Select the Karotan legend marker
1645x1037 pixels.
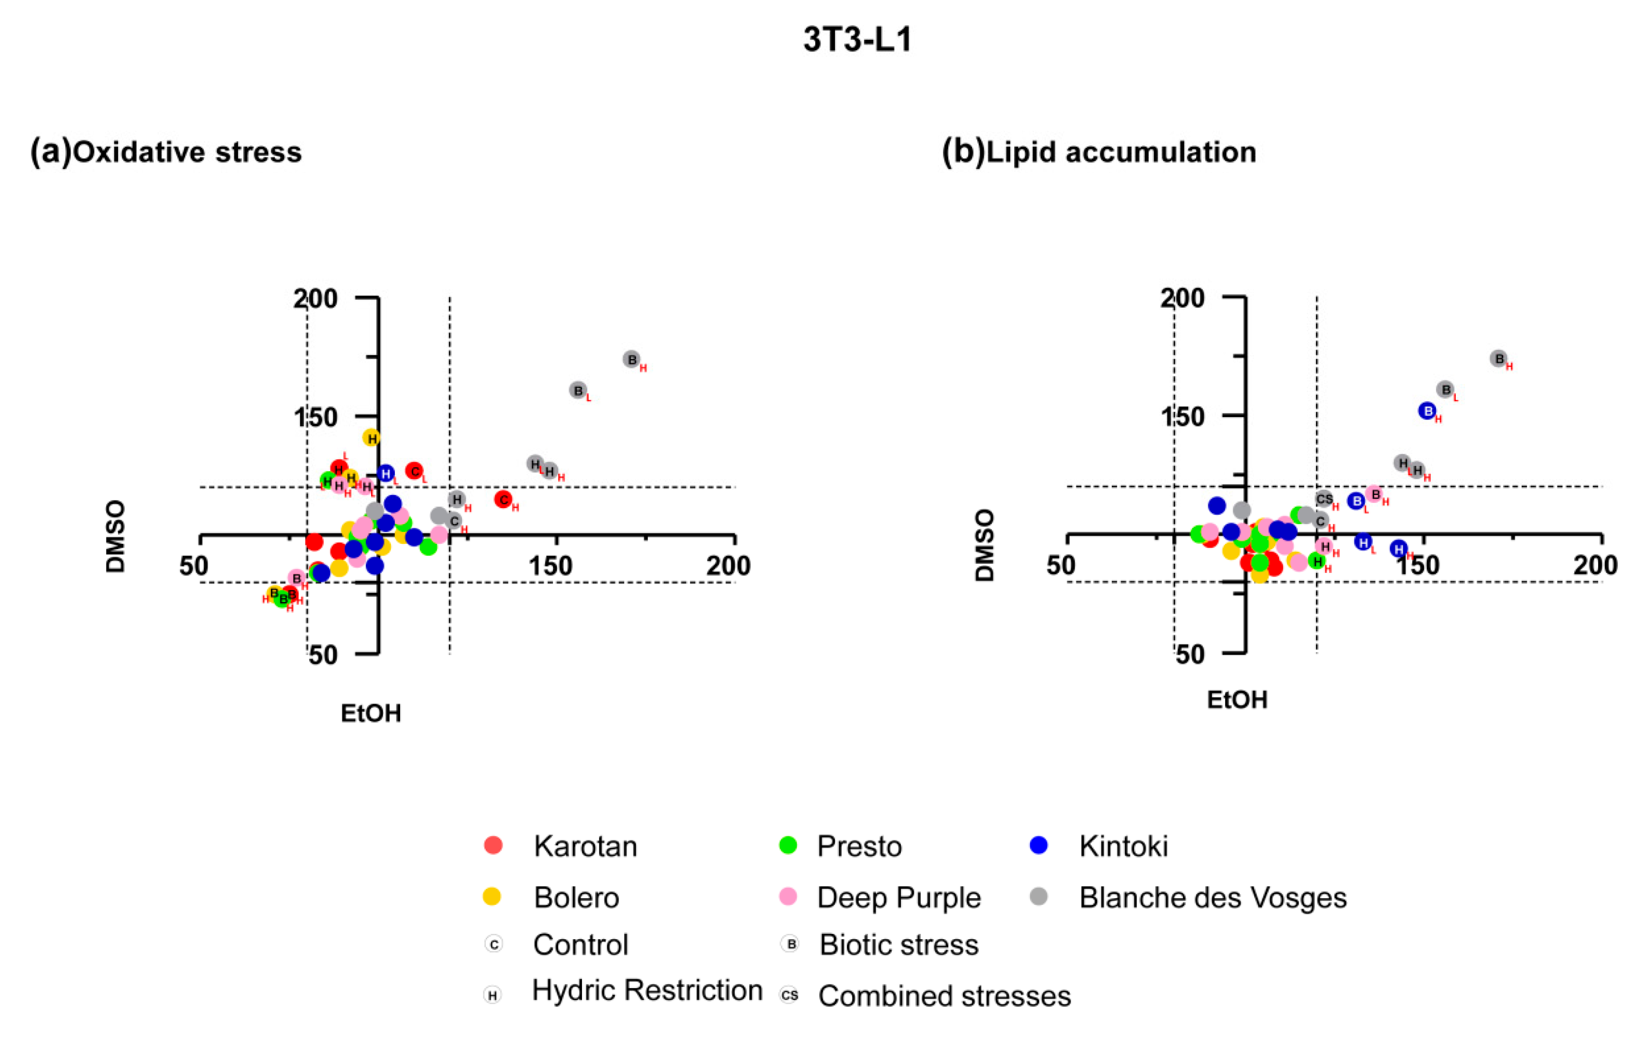(x=493, y=846)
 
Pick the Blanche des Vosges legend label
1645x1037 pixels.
(x=1212, y=898)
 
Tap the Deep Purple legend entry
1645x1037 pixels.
(x=898, y=898)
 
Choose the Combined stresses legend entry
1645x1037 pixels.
(x=944, y=996)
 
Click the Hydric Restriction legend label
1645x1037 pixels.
(x=647, y=990)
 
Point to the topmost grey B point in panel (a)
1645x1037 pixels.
(x=632, y=360)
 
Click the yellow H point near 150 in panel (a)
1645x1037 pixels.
(x=371, y=438)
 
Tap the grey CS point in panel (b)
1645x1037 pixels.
(x=1324, y=499)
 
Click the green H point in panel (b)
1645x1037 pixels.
(x=1317, y=561)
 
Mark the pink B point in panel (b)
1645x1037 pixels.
(x=1375, y=495)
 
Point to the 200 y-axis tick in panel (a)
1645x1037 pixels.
(x=315, y=299)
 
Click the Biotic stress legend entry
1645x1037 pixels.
(x=898, y=945)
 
